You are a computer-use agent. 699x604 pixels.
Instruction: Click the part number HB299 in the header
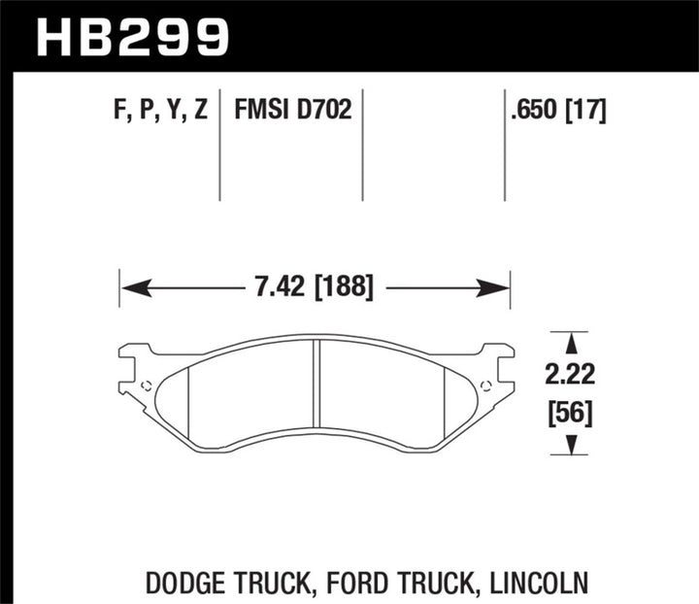[132, 36]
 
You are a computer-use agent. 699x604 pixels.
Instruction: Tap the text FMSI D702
[292, 111]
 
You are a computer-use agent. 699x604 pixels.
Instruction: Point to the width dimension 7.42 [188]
[313, 288]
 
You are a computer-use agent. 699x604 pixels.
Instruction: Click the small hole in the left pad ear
[147, 386]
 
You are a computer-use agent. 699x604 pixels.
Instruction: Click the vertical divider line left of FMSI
[220, 146]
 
